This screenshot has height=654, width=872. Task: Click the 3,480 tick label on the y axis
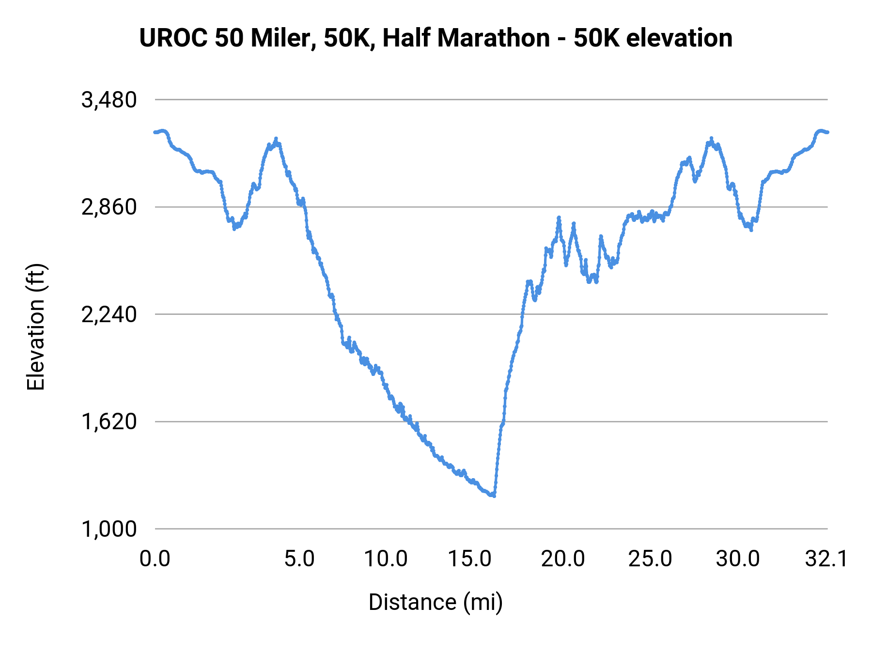(109, 100)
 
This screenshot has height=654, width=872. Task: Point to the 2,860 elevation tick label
(109, 207)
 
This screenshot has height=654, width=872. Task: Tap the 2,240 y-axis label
(109, 315)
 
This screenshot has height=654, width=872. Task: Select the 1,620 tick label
(109, 422)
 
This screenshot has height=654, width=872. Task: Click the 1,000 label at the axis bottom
(109, 529)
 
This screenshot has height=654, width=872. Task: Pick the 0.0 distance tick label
(155, 559)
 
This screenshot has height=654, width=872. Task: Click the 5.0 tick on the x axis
(299, 559)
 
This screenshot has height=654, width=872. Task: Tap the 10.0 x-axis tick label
(386, 559)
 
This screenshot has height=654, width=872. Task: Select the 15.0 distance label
(469, 559)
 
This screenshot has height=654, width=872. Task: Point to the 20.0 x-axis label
(562, 559)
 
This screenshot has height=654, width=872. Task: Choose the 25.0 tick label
(650, 559)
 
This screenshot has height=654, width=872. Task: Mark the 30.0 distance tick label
(737, 559)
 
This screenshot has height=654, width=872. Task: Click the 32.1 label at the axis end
(826, 559)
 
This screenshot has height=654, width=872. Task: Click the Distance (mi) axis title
(436, 602)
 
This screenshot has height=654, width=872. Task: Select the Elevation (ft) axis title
(36, 327)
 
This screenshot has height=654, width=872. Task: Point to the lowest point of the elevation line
(494, 496)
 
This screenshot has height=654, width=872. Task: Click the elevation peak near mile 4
(276, 139)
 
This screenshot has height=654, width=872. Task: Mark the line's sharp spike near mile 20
(559, 218)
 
